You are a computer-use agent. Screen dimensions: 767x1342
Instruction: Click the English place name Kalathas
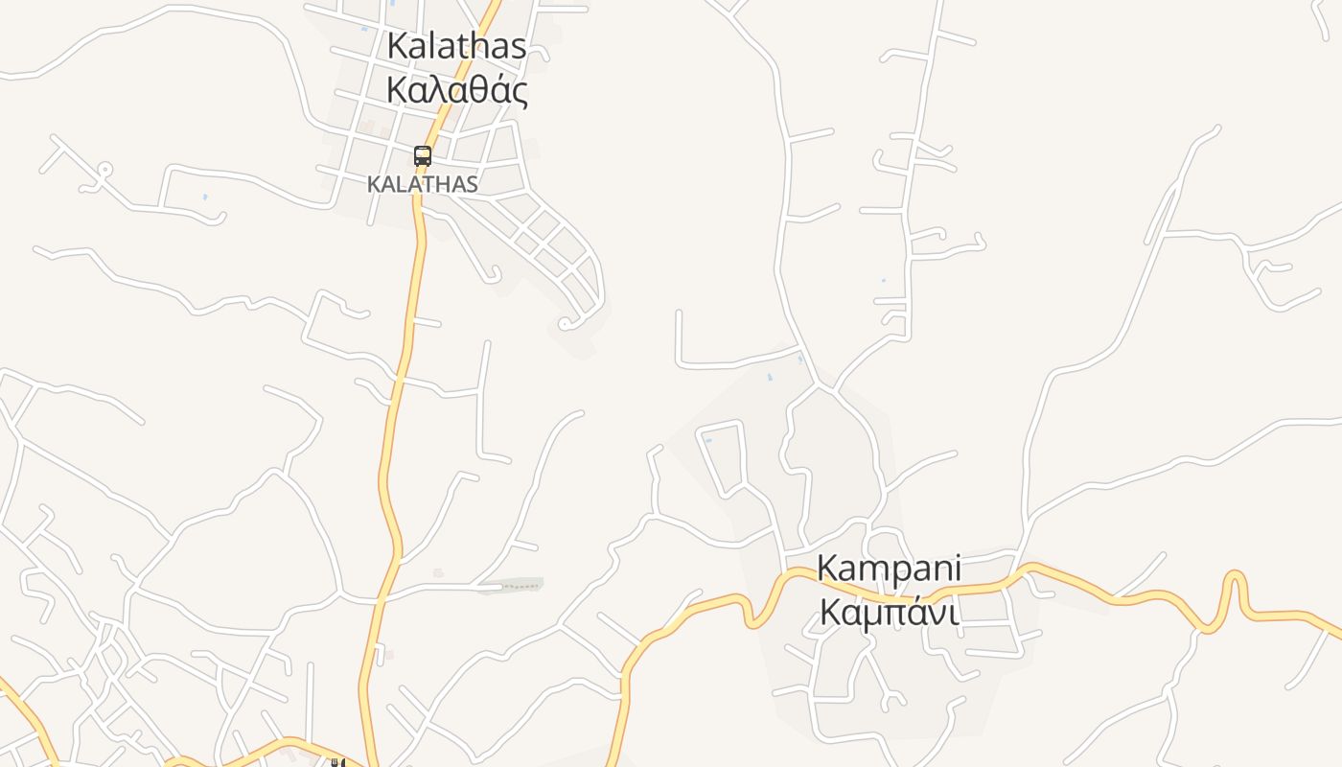click(x=456, y=46)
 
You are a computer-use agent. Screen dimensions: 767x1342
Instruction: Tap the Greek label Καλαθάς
click(x=456, y=90)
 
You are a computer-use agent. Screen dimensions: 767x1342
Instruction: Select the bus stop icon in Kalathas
click(x=422, y=155)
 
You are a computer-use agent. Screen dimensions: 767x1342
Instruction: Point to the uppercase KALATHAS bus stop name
click(x=422, y=184)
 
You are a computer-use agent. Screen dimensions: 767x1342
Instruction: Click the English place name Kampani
click(x=888, y=568)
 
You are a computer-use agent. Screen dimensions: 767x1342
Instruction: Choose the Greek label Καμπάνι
click(x=888, y=612)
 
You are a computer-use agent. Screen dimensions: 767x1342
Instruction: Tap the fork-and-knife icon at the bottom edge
click(x=336, y=763)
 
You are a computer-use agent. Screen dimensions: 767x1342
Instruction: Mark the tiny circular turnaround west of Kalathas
click(x=104, y=171)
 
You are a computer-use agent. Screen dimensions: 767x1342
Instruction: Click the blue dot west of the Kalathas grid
click(x=205, y=198)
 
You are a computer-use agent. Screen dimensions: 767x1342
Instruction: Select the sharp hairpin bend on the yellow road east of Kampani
click(x=1235, y=579)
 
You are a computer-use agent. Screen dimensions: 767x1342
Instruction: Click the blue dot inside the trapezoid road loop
click(x=708, y=440)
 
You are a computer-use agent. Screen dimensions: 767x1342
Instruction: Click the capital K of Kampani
click(x=826, y=568)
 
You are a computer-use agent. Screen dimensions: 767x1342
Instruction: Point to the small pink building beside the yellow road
click(x=387, y=655)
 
